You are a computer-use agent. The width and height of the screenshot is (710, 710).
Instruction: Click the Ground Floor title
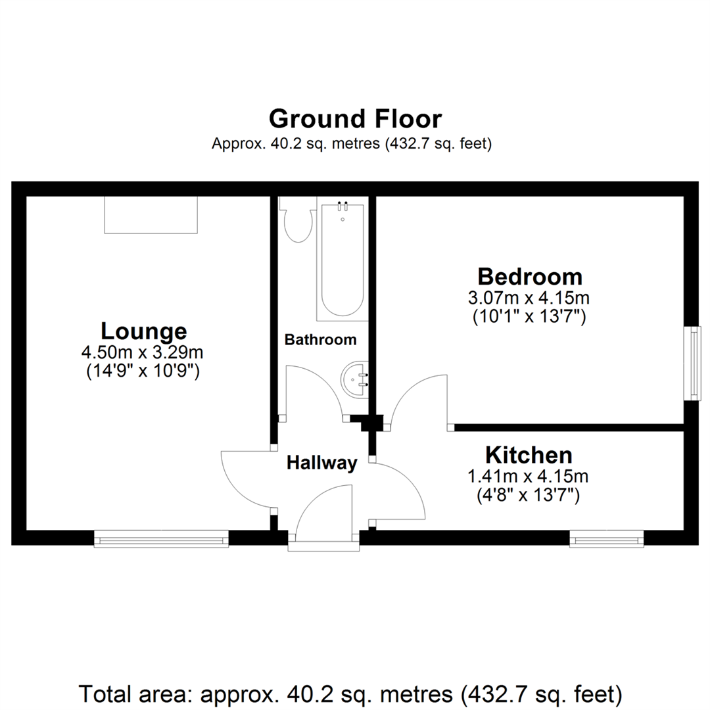355,119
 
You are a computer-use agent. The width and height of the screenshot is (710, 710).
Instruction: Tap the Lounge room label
143,330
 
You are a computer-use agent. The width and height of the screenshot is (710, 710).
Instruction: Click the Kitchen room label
529,454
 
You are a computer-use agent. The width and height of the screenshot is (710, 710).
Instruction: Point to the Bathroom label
320,340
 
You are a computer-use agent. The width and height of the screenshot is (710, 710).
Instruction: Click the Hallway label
321,463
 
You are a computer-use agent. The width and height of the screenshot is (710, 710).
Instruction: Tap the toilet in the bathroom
296,224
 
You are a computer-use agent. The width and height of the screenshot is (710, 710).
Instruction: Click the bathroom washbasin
355,380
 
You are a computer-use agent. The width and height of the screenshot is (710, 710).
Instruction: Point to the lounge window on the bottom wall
161,539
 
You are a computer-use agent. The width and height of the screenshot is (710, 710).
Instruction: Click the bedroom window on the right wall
692,363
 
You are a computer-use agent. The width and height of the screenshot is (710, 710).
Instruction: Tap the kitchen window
607,539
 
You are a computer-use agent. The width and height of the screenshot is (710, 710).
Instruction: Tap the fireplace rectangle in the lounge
151,215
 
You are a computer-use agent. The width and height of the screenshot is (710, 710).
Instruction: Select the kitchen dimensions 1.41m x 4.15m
529,476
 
